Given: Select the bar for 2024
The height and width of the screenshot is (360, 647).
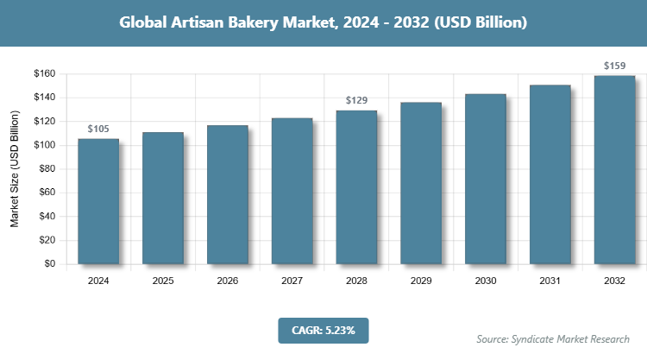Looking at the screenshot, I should [98, 201].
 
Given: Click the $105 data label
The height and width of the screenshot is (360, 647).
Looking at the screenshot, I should [98, 129].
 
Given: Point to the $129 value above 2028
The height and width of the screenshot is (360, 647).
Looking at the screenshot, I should [356, 101].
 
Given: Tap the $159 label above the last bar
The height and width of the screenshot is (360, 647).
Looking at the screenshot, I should [614, 66].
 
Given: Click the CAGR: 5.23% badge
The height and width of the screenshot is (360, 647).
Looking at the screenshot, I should [323, 330].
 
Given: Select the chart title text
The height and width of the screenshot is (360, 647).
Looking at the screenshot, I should [323, 23].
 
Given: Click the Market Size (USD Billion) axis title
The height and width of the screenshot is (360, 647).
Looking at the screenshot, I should [15, 169].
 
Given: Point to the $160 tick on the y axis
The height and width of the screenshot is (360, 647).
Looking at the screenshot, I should [43, 74].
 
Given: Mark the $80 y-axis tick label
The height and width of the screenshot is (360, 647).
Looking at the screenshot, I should [45, 169].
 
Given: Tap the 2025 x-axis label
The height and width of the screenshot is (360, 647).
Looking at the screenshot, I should [163, 281].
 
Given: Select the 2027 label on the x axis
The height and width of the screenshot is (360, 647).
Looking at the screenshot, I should [292, 281].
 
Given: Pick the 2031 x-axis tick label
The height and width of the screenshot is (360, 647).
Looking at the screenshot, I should [550, 281].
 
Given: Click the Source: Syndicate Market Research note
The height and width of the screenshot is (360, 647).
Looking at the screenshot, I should [553, 338].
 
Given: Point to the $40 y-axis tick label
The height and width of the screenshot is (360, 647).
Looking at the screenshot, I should [45, 217].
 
